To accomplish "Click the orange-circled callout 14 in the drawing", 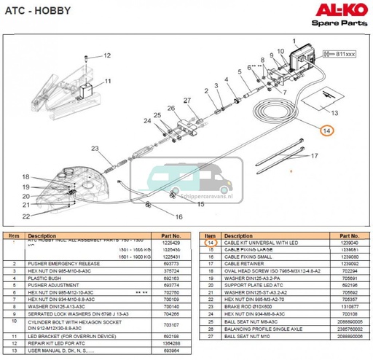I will coord(327,130).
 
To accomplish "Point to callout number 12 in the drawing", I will coord(106,55).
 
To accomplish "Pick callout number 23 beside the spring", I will coord(93,149).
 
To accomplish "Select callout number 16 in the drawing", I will coord(178,216).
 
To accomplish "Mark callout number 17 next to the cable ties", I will coord(315,156).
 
